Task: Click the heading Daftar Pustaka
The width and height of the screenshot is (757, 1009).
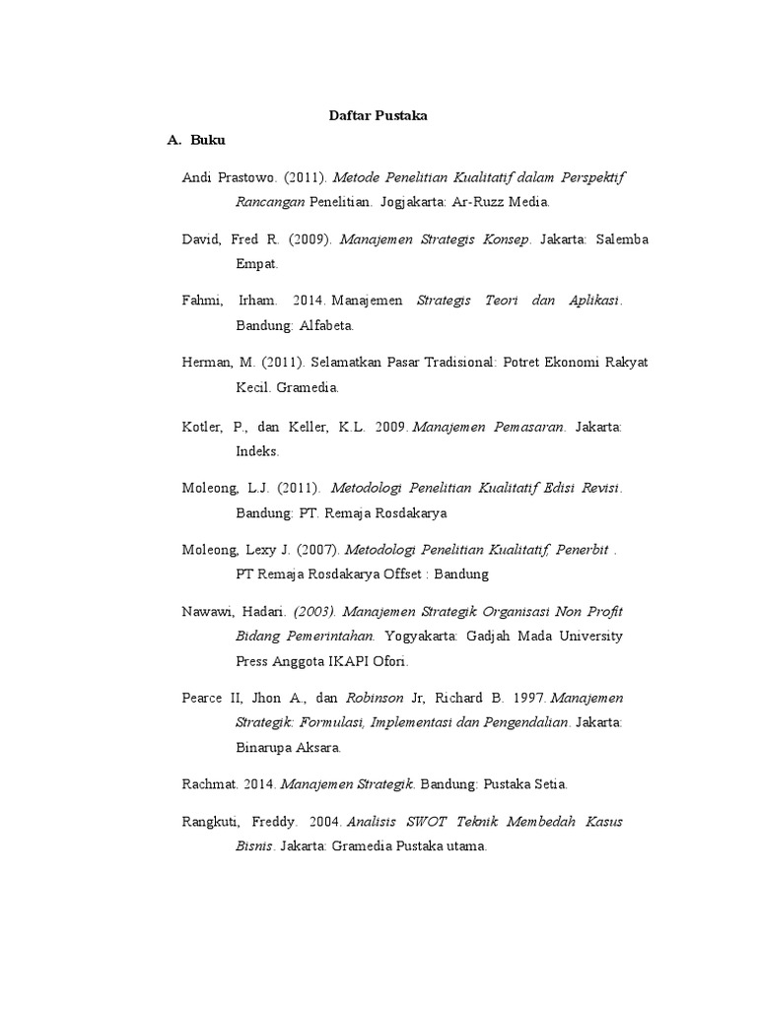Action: [x=378, y=116]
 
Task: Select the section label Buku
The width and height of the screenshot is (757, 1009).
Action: [x=208, y=141]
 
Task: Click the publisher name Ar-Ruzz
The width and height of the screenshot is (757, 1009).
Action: [x=473, y=202]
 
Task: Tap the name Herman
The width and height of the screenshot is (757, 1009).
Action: [x=205, y=363]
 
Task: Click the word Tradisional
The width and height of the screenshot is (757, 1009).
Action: [x=432, y=363]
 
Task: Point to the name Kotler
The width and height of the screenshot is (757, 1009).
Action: [x=205, y=427]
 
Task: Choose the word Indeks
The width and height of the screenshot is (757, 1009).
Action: [x=257, y=451]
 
